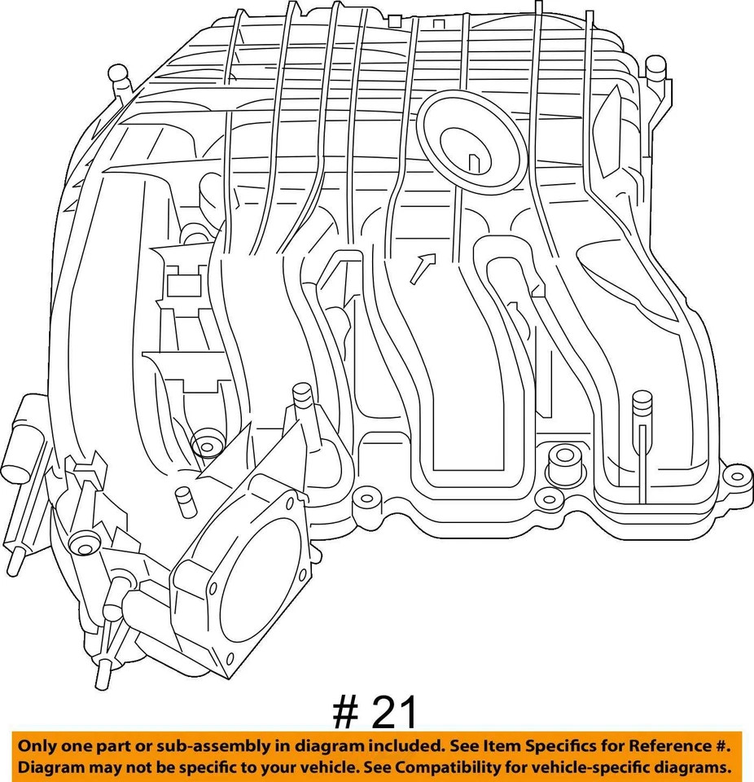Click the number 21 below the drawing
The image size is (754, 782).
click(x=394, y=713)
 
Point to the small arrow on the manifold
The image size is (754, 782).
click(x=422, y=268)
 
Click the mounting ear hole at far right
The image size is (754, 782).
click(x=734, y=475)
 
